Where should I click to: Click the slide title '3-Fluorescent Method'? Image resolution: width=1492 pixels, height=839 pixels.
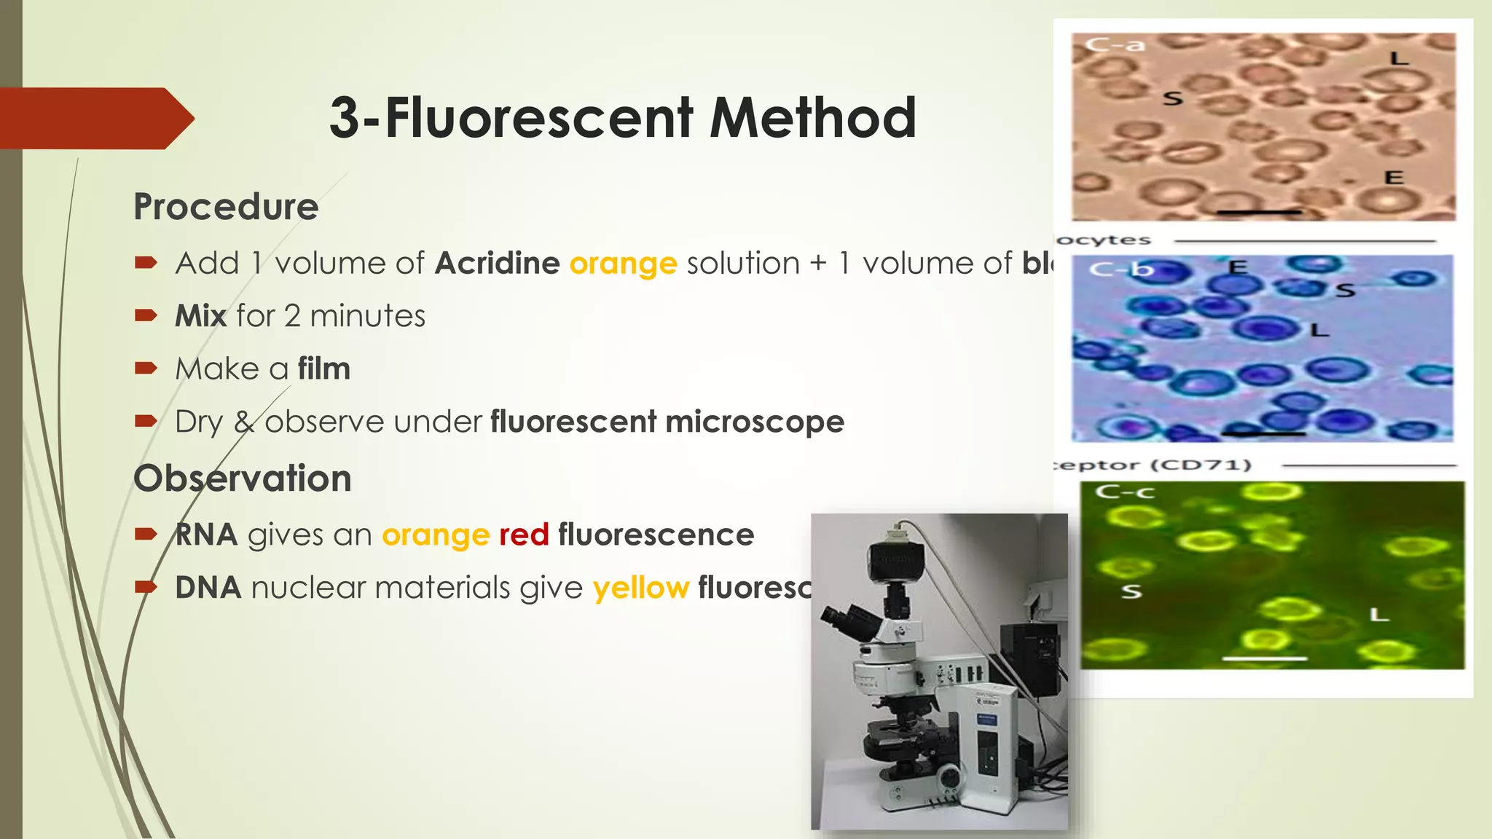[622, 117]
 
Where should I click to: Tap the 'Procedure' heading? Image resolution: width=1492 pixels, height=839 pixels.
[226, 207]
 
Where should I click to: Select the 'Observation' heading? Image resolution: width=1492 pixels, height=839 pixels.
[242, 478]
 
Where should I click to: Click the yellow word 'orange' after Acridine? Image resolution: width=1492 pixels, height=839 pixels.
[623, 263]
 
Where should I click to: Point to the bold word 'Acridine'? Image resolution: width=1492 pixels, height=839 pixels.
[498, 263]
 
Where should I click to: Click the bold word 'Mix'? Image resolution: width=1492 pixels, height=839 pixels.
[200, 316]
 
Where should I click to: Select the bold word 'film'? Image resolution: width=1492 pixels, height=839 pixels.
[323, 369]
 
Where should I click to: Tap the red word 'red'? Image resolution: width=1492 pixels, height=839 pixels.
[524, 535]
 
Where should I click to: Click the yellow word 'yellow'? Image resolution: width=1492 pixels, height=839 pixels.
[641, 588]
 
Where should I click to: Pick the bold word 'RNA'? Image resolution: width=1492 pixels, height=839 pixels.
[206, 535]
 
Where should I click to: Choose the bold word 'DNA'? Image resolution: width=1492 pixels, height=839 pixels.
[208, 588]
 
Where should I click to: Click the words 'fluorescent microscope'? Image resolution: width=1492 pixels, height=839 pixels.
[667, 422]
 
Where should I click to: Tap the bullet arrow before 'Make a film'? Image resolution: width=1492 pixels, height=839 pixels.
[146, 368]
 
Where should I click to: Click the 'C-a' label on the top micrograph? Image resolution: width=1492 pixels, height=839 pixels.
[1115, 45]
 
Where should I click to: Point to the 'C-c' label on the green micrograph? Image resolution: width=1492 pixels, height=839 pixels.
[1125, 492]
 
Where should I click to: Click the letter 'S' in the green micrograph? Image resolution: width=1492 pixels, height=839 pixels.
[1131, 591]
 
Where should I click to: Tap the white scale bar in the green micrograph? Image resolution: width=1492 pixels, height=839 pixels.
[1265, 658]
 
